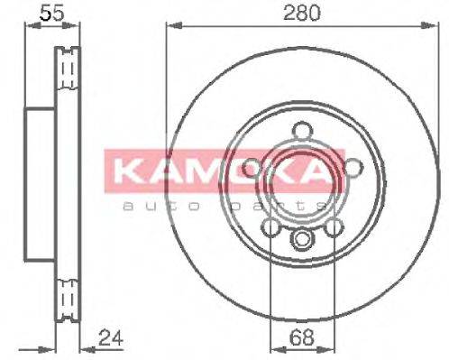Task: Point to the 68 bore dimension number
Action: (302, 342)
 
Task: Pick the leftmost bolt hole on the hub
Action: (252, 167)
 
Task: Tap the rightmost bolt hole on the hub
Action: (353, 167)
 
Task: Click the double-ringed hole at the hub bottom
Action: (302, 239)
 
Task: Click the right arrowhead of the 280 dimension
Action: (435, 26)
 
